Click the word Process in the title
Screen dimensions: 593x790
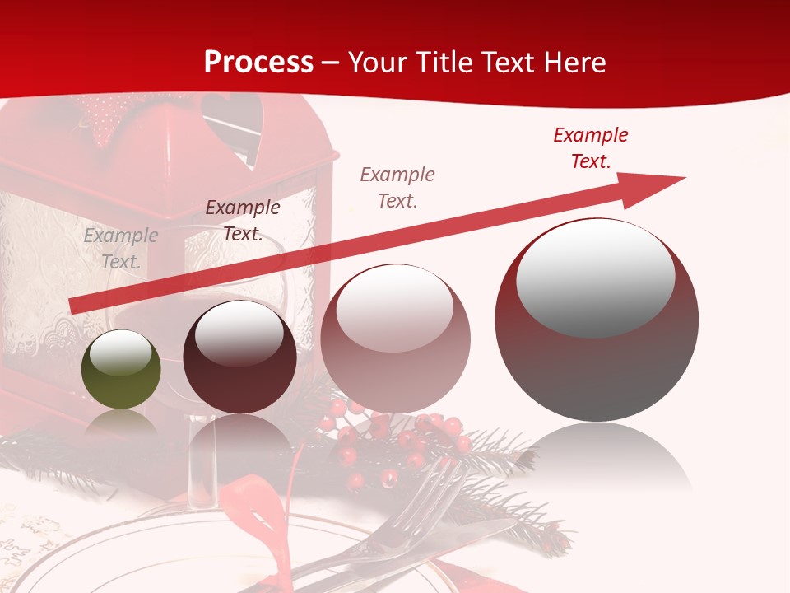tap(258, 63)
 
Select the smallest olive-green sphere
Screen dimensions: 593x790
tap(121, 370)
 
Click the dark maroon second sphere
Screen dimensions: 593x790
tap(239, 357)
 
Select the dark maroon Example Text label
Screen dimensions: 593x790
tap(242, 221)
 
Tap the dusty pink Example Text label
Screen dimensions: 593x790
tap(397, 188)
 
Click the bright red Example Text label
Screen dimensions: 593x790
tap(590, 148)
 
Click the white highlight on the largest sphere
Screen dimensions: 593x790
tap(595, 278)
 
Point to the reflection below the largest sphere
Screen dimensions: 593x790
tap(597, 457)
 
